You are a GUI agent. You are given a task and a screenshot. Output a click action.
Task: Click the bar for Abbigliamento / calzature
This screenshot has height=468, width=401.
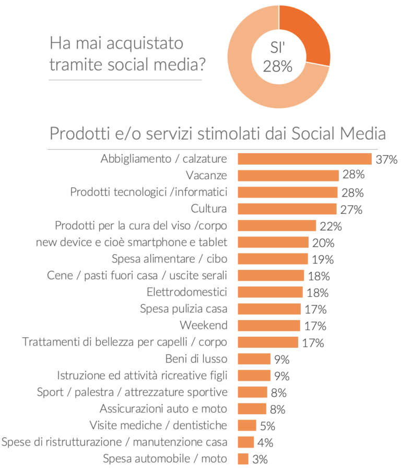[x=304, y=159]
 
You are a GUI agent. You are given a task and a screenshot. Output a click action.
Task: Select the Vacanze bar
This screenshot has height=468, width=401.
[x=288, y=176]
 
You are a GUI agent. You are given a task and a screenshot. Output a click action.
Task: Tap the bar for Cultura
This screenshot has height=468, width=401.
[x=287, y=209]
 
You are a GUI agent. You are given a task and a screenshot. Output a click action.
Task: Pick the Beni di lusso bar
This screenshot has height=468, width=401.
[x=254, y=359]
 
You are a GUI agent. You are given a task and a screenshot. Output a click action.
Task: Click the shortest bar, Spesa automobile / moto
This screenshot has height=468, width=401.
[x=243, y=459]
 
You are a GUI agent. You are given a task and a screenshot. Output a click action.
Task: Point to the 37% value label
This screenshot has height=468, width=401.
[x=386, y=159]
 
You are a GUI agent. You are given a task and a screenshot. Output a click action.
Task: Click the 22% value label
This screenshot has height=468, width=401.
[x=331, y=226]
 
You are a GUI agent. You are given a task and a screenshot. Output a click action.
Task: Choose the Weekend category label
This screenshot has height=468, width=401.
[x=204, y=325]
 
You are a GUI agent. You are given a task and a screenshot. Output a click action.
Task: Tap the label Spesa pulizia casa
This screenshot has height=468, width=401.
[x=184, y=309]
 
